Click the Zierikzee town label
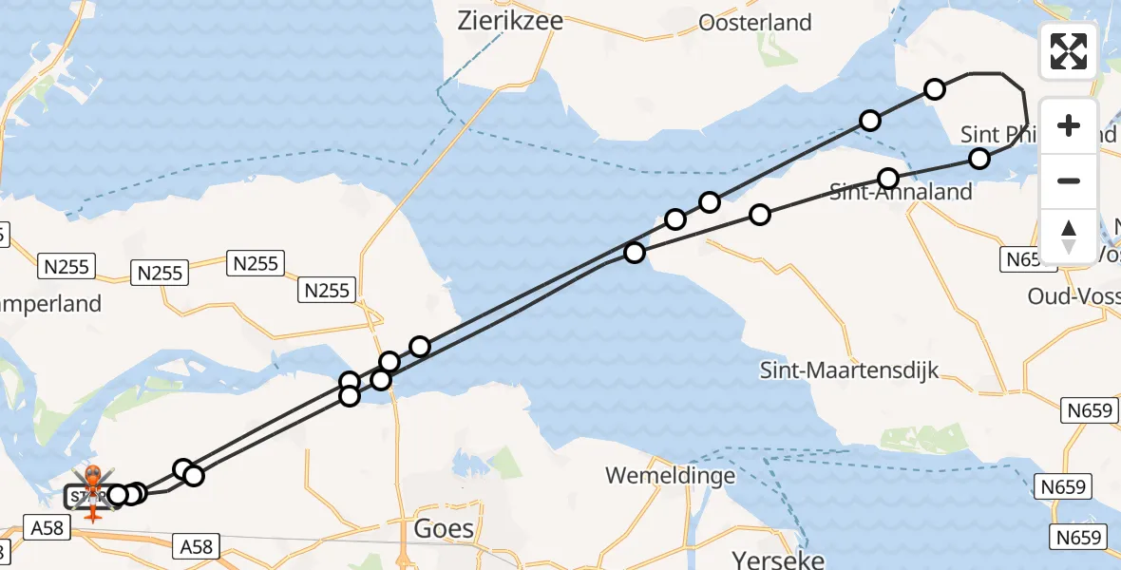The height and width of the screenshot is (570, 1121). click(509, 21)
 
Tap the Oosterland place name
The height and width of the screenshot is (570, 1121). click(754, 22)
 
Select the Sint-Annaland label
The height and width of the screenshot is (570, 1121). click(901, 192)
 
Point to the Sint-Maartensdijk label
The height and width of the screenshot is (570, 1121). click(849, 370)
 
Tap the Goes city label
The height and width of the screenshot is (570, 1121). click(445, 528)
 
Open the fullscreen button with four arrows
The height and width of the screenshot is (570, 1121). click(1069, 51)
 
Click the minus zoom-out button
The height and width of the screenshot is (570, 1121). click(1069, 180)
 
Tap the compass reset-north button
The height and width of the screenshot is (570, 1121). click(1069, 236)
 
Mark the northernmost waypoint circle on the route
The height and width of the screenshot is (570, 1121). click(935, 89)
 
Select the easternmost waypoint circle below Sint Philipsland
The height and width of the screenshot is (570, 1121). click(979, 159)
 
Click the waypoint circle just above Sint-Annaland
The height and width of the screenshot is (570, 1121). click(888, 179)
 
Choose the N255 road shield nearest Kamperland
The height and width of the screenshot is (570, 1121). click(67, 267)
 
